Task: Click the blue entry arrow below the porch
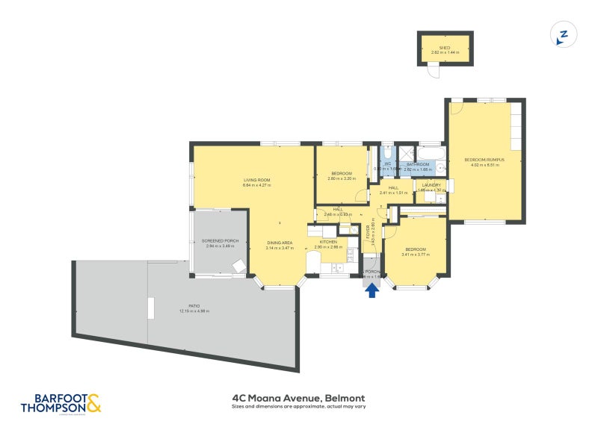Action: coord(371,290)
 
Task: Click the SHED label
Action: coord(445,47)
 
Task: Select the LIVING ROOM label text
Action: coord(256,180)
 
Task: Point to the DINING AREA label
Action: coord(279,243)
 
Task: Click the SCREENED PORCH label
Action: coord(221,240)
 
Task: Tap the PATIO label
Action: coord(194,305)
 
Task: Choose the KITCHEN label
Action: coord(329,242)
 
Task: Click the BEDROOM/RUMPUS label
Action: coord(486,160)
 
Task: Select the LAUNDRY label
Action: coord(431,185)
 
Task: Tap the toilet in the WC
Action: coord(387,152)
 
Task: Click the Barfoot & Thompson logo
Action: coord(60,403)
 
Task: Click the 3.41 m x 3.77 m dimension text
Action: coord(415,255)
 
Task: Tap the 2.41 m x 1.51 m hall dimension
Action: coord(393,193)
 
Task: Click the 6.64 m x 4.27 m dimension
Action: coord(256,185)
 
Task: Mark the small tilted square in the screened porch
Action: coord(238,265)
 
